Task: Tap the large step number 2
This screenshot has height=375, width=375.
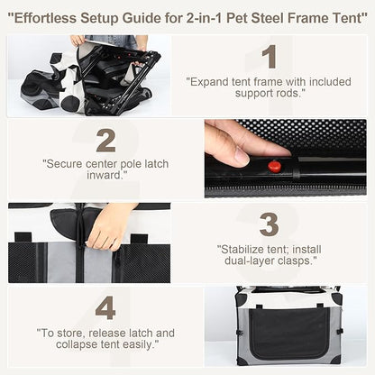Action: [106, 141]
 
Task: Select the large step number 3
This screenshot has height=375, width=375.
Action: [268, 223]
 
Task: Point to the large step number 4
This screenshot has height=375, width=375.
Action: [106, 308]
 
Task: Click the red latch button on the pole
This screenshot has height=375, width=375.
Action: [272, 166]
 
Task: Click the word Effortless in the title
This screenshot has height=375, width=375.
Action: [50, 15]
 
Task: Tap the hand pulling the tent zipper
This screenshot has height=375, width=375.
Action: [111, 225]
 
